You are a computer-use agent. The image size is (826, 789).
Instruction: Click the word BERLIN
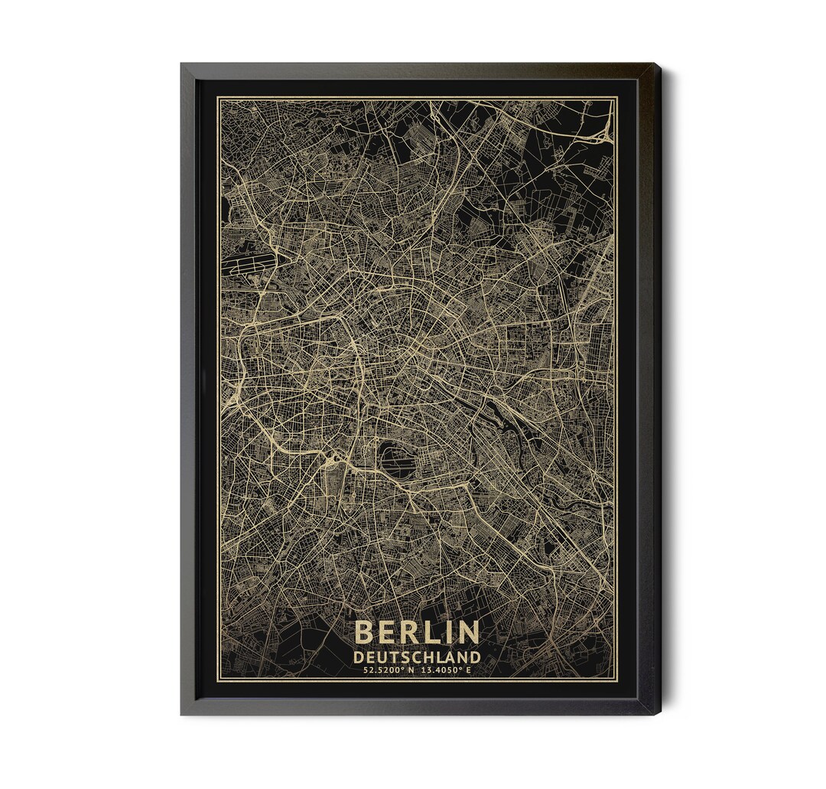(x=417, y=632)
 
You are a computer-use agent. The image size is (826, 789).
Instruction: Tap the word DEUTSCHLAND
(x=417, y=657)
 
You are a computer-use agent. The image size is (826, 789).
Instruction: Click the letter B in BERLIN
(x=365, y=632)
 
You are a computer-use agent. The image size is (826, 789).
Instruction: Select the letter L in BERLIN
(x=434, y=632)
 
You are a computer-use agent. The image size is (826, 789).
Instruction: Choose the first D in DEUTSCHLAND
(x=358, y=657)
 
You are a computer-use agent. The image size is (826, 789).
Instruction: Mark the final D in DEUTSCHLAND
(x=475, y=657)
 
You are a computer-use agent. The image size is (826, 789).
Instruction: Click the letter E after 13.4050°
(x=468, y=670)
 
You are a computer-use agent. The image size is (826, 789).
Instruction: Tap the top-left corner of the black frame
(x=182, y=65)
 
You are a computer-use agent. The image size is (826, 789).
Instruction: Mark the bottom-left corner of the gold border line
(x=218, y=680)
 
